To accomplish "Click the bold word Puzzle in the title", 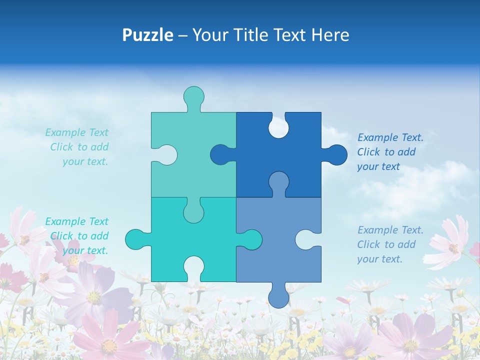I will pos(147,35).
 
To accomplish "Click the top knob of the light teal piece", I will pos(193,96).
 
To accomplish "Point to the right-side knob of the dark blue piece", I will pos(336,155).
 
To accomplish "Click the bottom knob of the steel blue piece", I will pos(278,297).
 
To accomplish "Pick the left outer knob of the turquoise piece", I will pos(135,239).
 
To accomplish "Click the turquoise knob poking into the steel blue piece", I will pos(251,239).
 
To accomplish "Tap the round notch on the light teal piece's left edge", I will pos(166,155).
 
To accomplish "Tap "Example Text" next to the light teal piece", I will pos(76,132).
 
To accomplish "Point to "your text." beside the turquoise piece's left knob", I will pos(85,250).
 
